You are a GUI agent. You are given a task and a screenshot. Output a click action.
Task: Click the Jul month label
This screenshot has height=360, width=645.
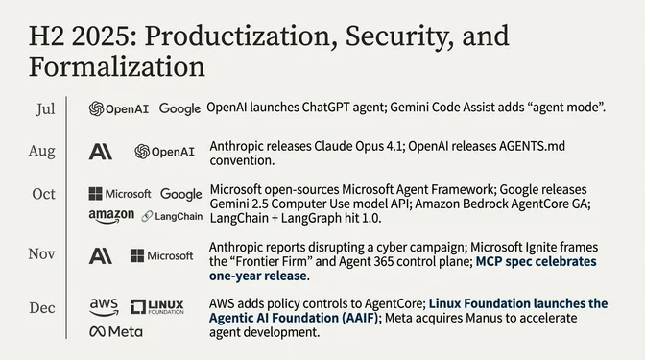click(45, 108)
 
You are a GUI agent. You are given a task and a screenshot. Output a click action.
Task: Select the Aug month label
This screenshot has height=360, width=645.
click(43, 151)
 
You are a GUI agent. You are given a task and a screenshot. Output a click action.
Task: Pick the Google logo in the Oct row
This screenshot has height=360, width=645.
click(181, 194)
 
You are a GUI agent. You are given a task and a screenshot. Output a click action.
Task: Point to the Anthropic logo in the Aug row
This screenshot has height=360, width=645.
click(101, 152)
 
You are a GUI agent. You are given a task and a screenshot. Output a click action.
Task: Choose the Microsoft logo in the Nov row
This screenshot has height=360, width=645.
click(162, 255)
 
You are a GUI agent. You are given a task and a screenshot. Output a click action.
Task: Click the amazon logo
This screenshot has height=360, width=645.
click(111, 216)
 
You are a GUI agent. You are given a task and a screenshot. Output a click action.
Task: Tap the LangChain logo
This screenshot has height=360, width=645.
click(172, 217)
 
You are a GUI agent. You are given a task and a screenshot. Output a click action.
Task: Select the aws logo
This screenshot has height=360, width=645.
click(104, 306)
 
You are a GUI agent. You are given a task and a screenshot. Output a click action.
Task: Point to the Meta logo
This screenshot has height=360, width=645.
click(115, 332)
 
